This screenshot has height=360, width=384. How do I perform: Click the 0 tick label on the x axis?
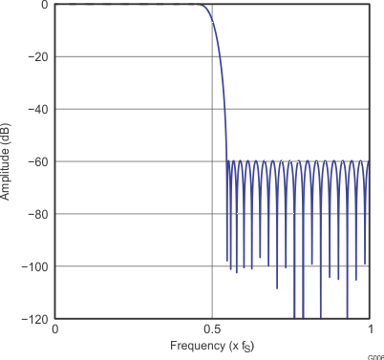[54, 328]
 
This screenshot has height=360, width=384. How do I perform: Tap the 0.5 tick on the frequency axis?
[211, 328]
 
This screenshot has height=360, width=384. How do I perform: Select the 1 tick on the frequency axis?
[369, 328]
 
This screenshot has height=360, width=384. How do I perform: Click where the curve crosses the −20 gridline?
[219, 56]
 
